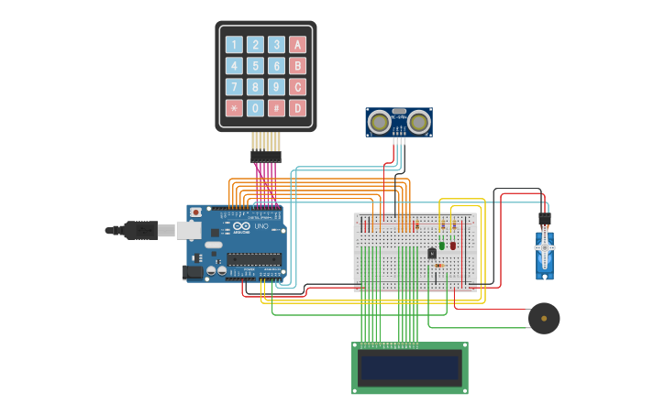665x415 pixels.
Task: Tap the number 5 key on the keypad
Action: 255,66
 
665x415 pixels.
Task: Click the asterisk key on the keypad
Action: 234,108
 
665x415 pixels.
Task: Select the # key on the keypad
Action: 276,108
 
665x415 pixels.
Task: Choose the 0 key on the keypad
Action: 255,108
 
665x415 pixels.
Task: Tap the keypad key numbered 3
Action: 276,45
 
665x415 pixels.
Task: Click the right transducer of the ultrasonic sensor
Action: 419,121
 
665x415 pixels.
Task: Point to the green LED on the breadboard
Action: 442,246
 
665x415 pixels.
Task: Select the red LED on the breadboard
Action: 452,246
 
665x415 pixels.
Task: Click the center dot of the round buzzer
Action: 544,319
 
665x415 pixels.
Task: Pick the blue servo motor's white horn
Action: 545,246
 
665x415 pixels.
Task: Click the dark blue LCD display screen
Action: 410,368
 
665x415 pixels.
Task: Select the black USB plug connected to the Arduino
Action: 139,230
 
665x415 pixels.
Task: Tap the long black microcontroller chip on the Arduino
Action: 253,258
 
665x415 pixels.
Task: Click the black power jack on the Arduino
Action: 194,272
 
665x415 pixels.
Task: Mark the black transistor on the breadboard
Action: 432,253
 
